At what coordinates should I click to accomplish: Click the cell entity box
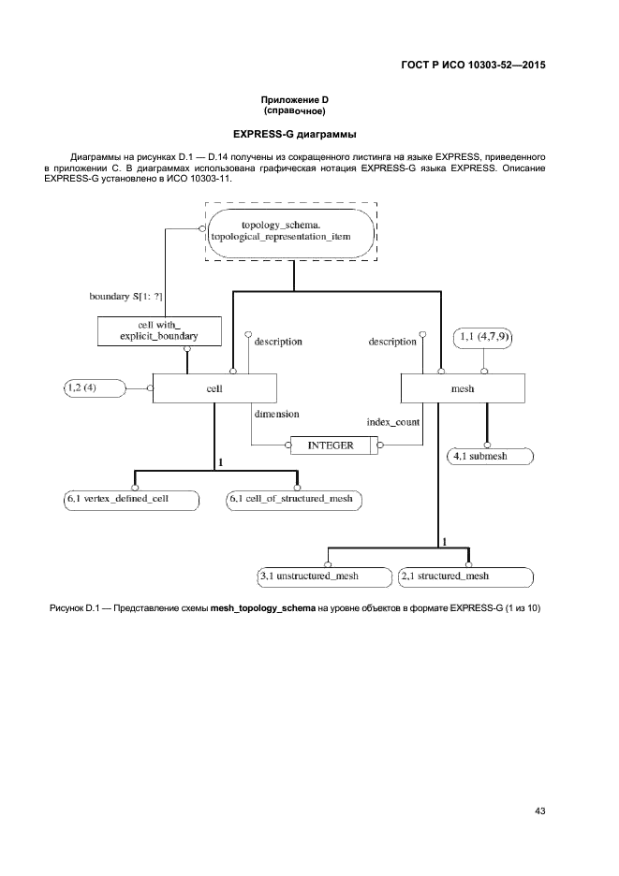tap(214, 388)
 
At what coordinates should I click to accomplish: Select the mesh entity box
tap(463, 388)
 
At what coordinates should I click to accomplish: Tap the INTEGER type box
tap(331, 446)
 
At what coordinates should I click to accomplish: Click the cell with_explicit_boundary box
tap(159, 329)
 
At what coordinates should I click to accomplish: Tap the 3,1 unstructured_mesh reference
tap(324, 576)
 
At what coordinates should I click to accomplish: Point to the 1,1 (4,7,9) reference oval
tap(483, 336)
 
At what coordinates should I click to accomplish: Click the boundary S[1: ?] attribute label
tap(125, 297)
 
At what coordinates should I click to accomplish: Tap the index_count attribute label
tap(392, 421)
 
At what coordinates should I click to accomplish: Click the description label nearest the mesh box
tap(392, 342)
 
